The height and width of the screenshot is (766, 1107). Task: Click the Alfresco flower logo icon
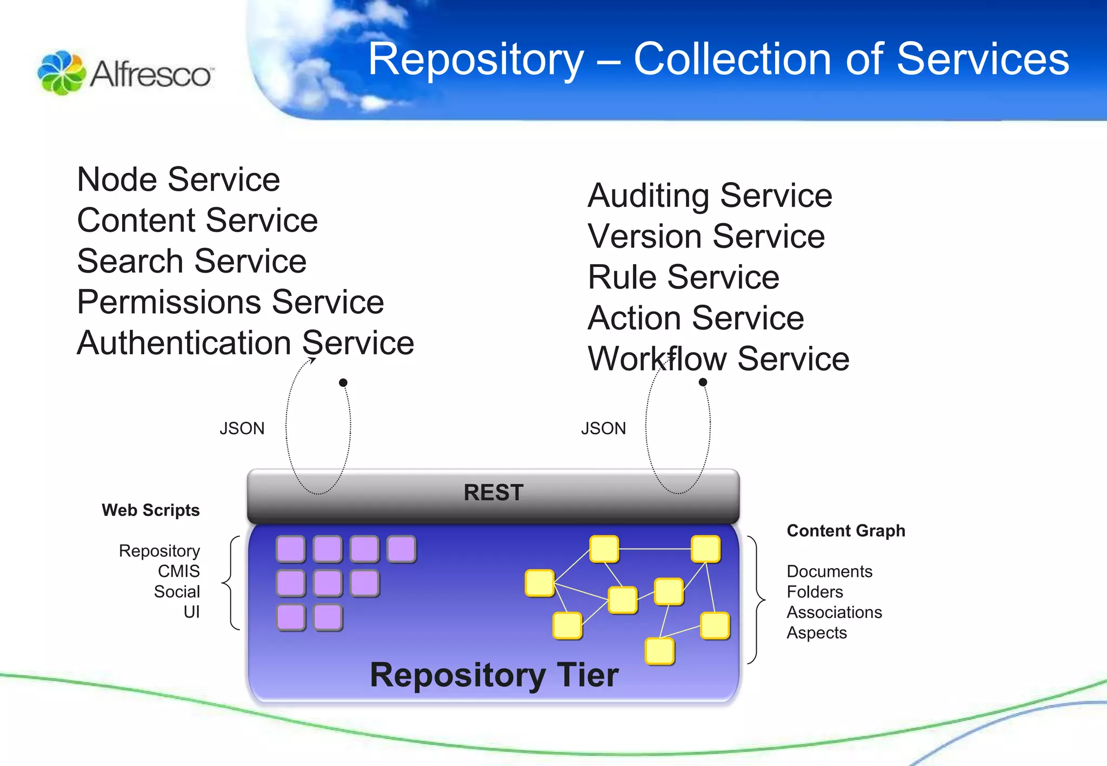[61, 73]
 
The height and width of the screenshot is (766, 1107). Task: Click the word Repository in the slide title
[476, 59]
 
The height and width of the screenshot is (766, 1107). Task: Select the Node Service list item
[178, 179]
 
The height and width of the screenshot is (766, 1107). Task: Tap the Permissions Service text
[230, 302]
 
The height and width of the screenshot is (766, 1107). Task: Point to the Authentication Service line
[245, 343]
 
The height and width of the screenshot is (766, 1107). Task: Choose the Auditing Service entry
[710, 196]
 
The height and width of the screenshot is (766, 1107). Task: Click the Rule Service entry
[683, 277]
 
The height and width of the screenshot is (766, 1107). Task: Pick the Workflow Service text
[718, 359]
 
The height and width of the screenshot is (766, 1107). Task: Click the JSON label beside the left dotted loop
[242, 428]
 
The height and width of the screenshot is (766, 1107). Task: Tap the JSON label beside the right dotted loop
[603, 428]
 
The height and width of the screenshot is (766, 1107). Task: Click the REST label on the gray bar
[493, 493]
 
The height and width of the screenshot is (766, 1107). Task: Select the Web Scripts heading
[150, 510]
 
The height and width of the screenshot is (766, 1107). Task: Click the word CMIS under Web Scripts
[178, 571]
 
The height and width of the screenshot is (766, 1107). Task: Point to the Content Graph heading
[845, 530]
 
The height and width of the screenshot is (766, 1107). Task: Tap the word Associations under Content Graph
[834, 612]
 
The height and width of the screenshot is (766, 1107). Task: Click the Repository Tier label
[494, 675]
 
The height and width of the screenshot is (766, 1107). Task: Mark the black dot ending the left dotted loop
[343, 382]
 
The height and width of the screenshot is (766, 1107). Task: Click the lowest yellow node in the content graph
[659, 651]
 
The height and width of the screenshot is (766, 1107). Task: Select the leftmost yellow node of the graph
[539, 583]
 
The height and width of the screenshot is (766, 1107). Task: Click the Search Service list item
[192, 261]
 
